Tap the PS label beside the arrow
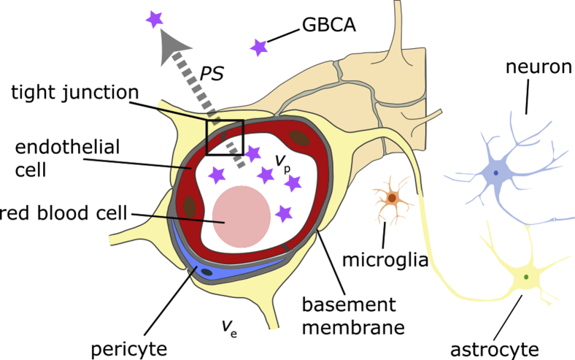click(211, 74)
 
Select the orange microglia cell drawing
click(393, 198)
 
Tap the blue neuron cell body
click(496, 173)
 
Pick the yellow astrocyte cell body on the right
click(525, 277)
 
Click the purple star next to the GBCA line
click(258, 47)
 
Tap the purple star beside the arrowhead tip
click(154, 19)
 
